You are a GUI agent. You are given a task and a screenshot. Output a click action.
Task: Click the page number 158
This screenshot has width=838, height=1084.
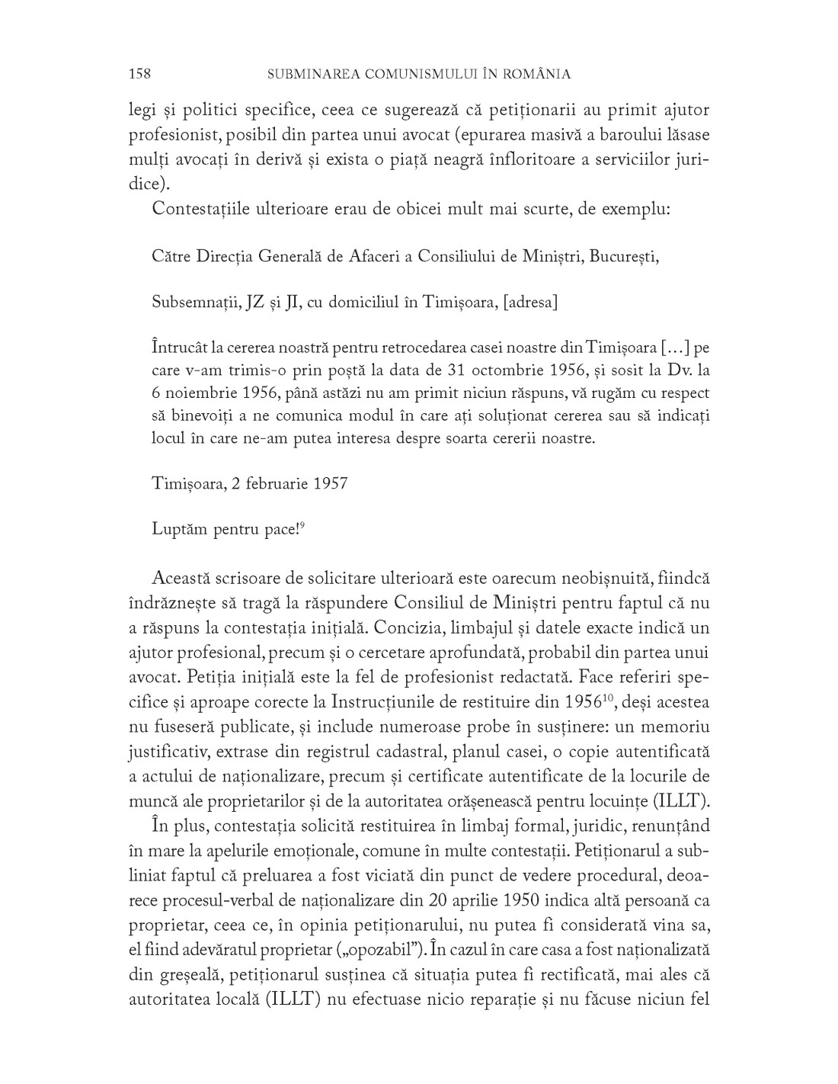click(x=140, y=74)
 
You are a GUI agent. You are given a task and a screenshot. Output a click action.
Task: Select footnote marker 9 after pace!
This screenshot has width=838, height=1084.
click(x=302, y=524)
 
